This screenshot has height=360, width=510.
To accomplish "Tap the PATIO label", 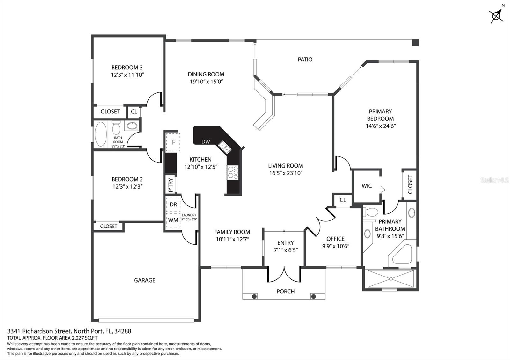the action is click(305, 59).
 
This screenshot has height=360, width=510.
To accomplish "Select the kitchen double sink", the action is click(224, 147).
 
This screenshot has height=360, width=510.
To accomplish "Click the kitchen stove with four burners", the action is click(232, 172).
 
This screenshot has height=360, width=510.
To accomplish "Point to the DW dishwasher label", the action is click(206, 141).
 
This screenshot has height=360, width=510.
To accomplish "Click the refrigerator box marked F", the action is click(173, 142).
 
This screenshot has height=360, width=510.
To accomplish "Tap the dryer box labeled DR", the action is click(173, 204).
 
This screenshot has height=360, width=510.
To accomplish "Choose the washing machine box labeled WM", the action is click(173, 220).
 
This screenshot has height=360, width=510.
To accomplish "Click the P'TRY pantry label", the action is click(171, 185).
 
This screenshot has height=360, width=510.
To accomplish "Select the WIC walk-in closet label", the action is click(367, 186).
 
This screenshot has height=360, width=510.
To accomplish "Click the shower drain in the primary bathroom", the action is click(391, 279).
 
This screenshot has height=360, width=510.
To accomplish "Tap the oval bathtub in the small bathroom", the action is click(101, 134).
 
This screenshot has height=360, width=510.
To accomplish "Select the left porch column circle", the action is click(254, 296).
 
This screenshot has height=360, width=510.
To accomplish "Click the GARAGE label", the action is click(145, 280).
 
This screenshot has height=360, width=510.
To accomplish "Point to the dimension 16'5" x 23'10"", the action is click(286, 173).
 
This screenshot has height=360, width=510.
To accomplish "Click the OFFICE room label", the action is click(335, 239).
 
